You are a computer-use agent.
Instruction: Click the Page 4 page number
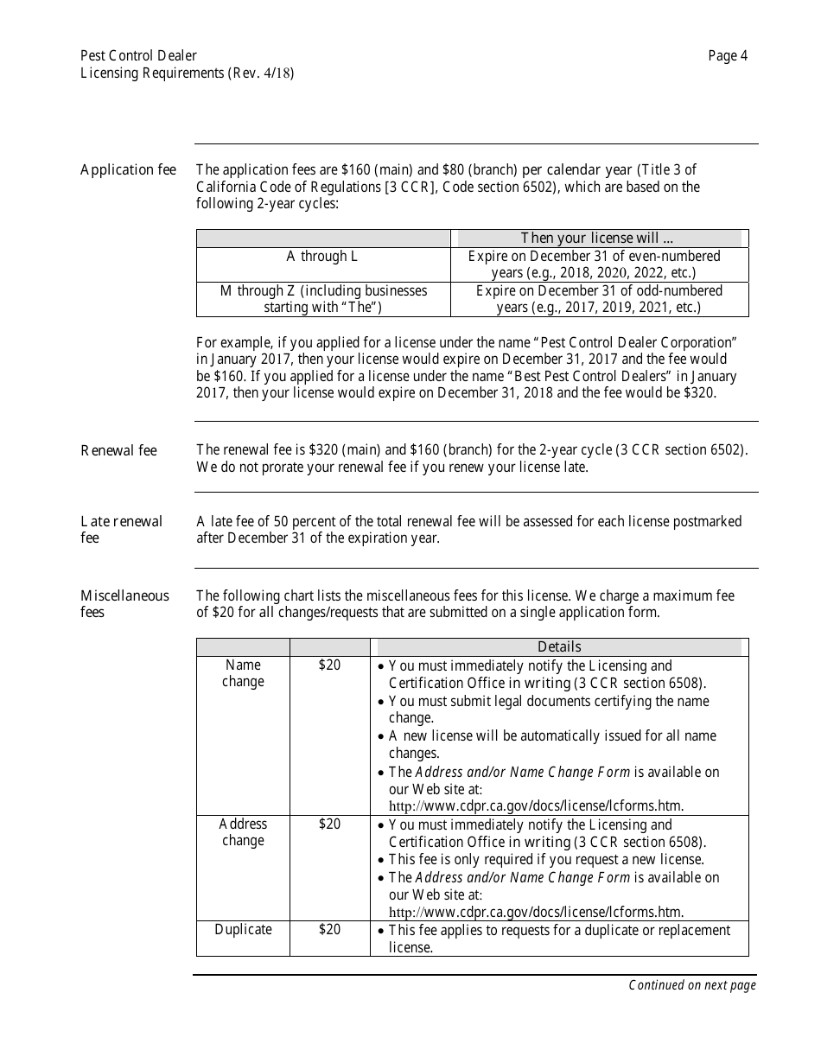728,56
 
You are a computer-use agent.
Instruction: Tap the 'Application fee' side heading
128,169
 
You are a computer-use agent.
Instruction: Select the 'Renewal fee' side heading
119,450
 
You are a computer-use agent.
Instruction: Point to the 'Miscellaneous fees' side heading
124,603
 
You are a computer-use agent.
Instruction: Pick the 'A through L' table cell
322,257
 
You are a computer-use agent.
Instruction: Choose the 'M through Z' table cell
323,299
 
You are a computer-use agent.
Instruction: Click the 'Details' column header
559,646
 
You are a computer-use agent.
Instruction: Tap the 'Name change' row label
243,673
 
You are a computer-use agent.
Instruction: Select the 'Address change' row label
243,832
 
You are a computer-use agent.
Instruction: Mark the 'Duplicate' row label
243,930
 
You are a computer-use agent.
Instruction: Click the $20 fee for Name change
329,665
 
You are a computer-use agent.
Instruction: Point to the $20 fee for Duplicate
329,930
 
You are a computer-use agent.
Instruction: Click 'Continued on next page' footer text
691,985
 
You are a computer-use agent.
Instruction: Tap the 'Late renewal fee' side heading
121,529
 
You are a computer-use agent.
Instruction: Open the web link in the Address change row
536,912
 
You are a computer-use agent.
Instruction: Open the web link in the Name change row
536,806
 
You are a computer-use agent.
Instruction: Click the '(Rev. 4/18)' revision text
261,73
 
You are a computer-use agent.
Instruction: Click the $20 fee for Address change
329,824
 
